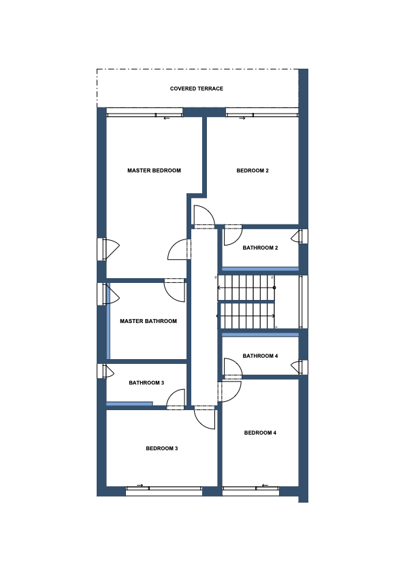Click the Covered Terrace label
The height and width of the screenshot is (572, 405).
[x=197, y=88]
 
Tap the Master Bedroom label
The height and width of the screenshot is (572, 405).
[x=154, y=170]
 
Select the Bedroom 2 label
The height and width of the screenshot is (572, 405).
[x=253, y=170]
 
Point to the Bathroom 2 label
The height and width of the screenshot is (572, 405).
[x=260, y=248]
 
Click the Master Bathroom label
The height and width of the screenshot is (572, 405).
[x=148, y=321]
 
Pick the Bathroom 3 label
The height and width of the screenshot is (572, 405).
[x=146, y=383]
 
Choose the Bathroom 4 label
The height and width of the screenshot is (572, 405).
[x=260, y=356]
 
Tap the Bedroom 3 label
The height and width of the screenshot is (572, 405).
[x=162, y=448]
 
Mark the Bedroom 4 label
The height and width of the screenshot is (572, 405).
[x=260, y=433]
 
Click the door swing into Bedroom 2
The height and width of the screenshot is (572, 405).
[x=208, y=211]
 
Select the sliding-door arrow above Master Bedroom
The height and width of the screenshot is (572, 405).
[x=167, y=118]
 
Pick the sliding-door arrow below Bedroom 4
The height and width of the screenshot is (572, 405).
[x=265, y=485]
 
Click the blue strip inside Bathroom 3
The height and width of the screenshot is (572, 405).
[x=129, y=403]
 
